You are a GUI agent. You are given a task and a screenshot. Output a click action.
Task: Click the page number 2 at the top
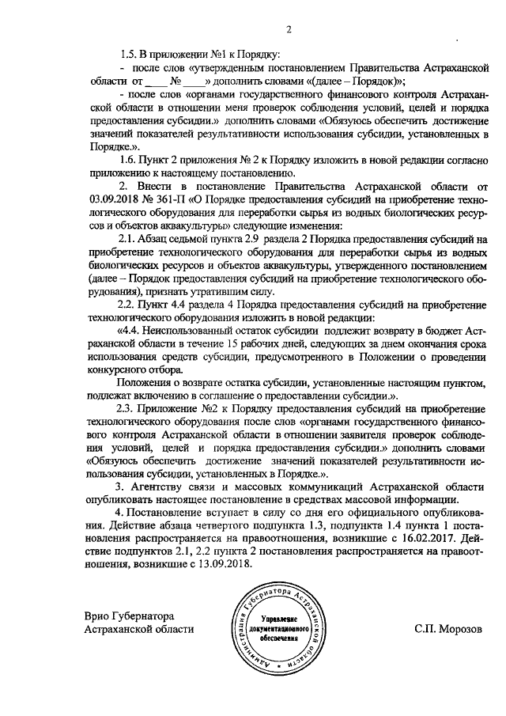tap(289, 30)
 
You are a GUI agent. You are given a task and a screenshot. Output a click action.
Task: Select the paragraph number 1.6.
tap(130, 161)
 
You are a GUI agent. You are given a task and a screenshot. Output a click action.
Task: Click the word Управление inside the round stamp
tap(279, 617)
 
